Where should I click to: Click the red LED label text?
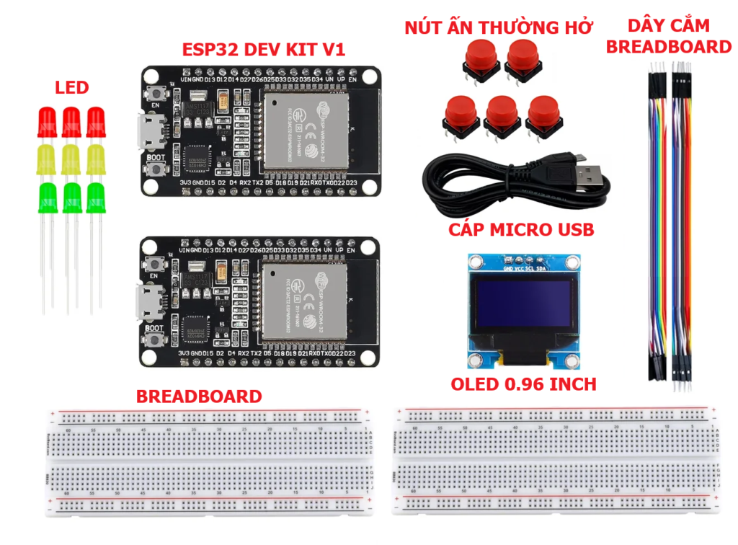72,88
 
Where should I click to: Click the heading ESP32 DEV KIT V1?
263,50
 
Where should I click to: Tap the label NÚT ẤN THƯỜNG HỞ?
498,28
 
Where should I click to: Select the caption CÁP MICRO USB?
521,230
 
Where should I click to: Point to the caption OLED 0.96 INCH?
524,384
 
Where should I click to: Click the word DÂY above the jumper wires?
645,27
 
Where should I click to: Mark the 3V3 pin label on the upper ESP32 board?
185,182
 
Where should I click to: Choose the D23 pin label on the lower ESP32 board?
350,354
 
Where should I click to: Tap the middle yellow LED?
69,159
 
